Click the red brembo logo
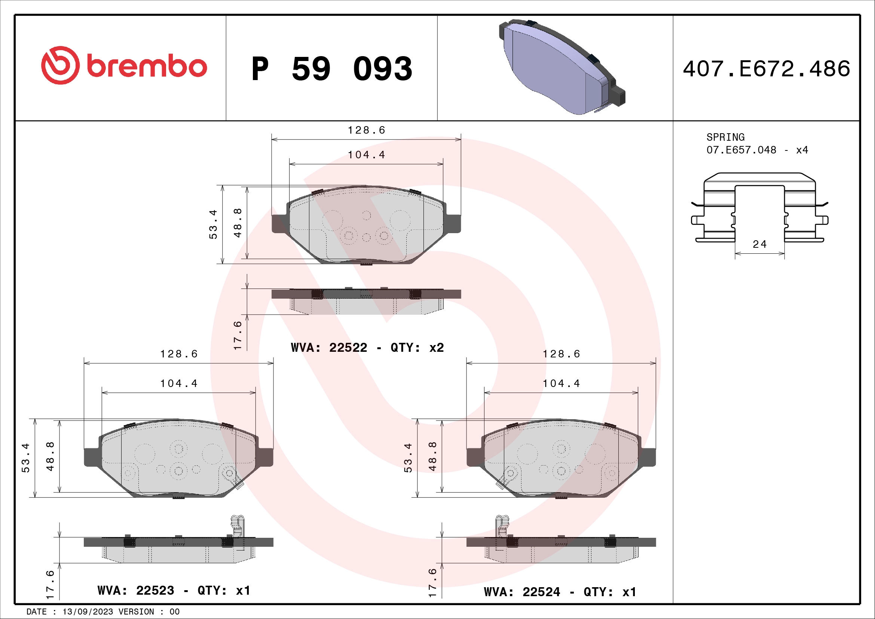pos(124,65)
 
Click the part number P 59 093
pos(331,69)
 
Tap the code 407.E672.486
pos(766,69)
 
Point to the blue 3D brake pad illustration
pos(560,67)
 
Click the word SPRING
pos(725,137)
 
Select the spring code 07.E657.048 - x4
pos(757,150)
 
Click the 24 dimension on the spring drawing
pos(759,244)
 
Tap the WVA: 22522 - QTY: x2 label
pos(367,348)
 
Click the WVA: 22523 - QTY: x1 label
pos(174,591)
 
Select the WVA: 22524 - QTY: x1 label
pos(560,592)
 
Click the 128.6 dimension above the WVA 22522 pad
pos(366,130)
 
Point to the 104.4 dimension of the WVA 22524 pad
pos(562,384)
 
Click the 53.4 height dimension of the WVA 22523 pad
pos(25,458)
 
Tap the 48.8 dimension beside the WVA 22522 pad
pos(238,223)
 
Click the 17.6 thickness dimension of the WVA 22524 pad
pos(432,583)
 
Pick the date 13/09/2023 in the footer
pos(88,612)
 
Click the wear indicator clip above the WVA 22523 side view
pos(238,526)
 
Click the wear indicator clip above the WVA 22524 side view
pos(502,526)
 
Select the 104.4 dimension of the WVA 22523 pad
pos(179,384)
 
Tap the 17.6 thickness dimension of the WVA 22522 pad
pos(238,335)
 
